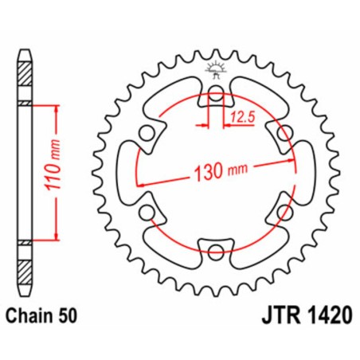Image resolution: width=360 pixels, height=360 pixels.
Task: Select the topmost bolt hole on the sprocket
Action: point(215,98)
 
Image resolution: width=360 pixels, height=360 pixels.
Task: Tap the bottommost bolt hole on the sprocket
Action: point(215,254)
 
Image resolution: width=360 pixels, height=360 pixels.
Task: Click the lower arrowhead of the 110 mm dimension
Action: point(57,238)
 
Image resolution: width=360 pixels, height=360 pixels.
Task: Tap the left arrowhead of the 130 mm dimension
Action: point(146,185)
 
